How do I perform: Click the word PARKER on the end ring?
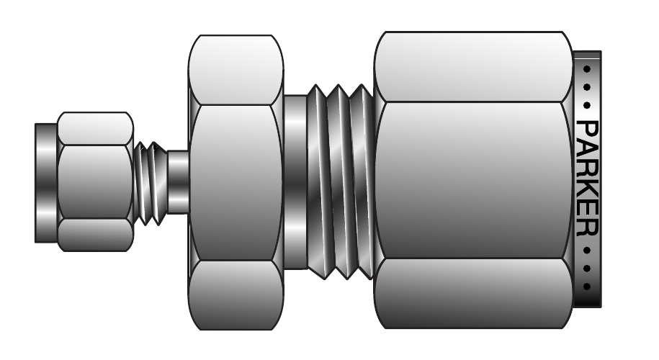[x=588, y=178]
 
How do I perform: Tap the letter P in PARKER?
[x=588, y=129]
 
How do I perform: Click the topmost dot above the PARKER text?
[x=587, y=69]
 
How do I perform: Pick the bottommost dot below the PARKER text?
[x=587, y=287]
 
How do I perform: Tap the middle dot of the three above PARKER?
[x=587, y=87]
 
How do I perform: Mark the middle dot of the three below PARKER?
[x=587, y=269]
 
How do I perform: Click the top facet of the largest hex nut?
[x=472, y=67]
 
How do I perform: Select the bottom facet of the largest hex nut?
[x=472, y=293]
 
